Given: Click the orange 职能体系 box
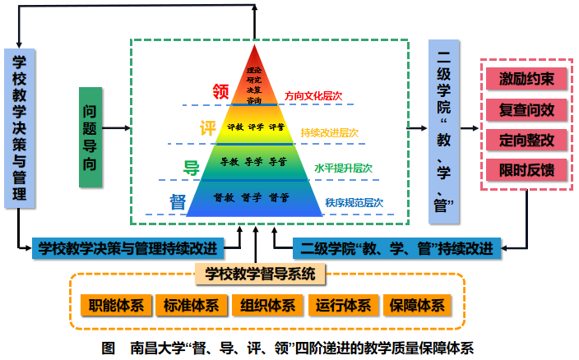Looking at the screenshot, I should pos(116,306).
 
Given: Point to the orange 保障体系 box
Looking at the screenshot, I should pos(418,306).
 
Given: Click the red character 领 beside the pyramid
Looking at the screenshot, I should pos(220,92).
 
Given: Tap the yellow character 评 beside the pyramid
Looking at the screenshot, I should pos(208,130).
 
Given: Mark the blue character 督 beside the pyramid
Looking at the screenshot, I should pos(177,201).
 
